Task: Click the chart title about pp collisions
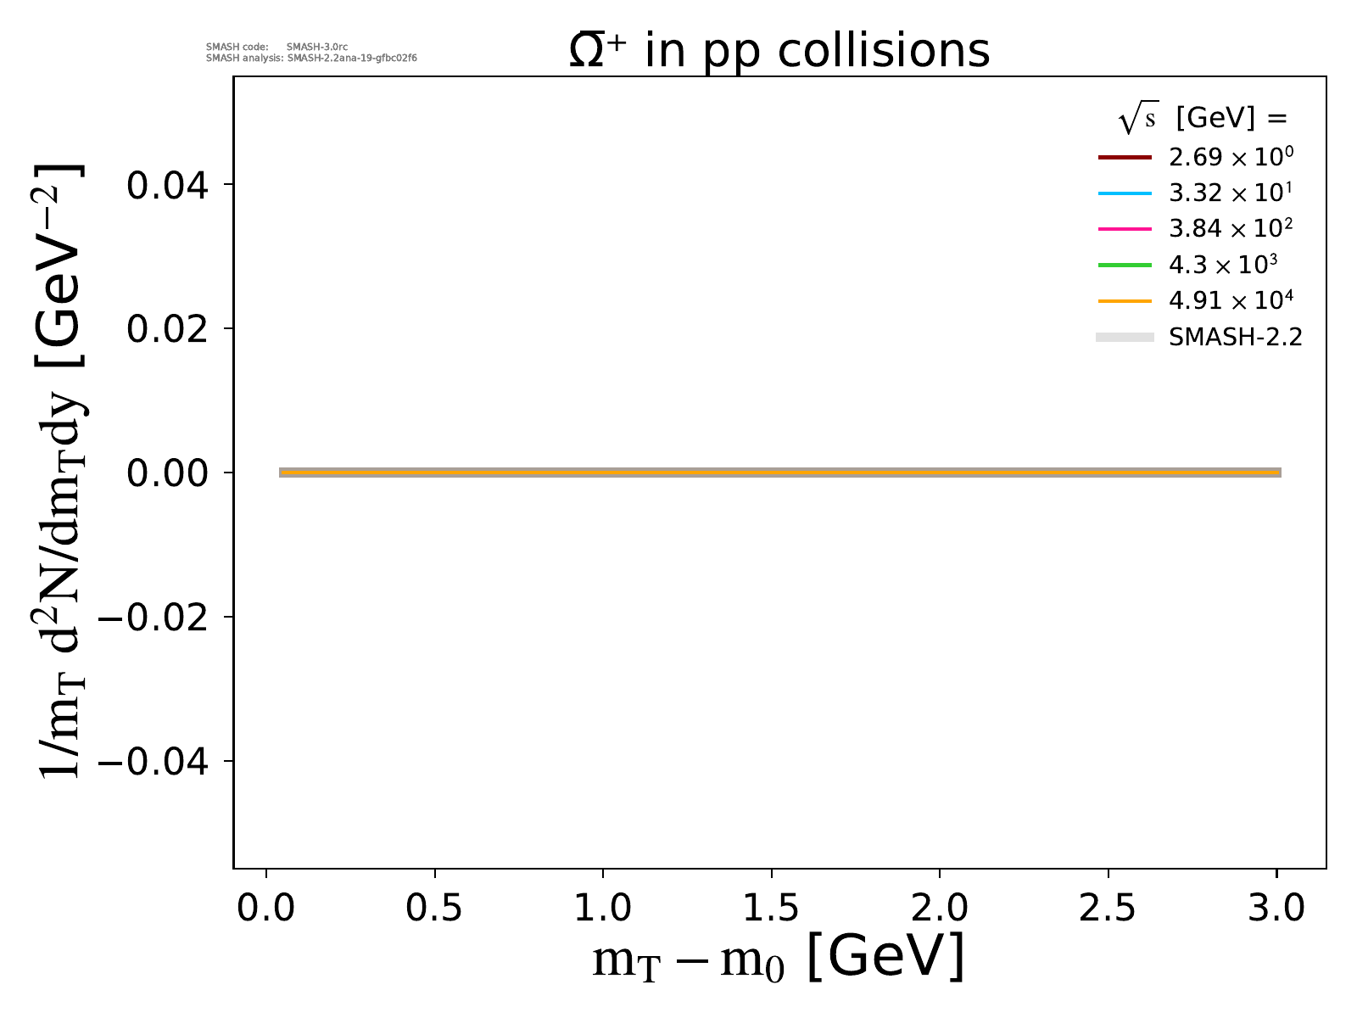pyautogui.click(x=779, y=51)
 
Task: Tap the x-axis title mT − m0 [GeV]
pyautogui.click(x=779, y=959)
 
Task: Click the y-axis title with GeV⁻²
pyautogui.click(x=59, y=472)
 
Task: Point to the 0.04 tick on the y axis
pyautogui.click(x=167, y=185)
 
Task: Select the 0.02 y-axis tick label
pyautogui.click(x=167, y=329)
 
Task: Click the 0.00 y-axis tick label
pyautogui.click(x=167, y=473)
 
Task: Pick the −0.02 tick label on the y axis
pyautogui.click(x=154, y=617)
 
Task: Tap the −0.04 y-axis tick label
pyautogui.click(x=154, y=761)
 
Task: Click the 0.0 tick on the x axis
pyautogui.click(x=266, y=908)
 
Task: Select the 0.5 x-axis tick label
pyautogui.click(x=434, y=908)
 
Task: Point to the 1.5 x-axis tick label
pyautogui.click(x=771, y=908)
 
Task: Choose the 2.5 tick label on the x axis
pyautogui.click(x=1108, y=908)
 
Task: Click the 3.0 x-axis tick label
pyautogui.click(x=1276, y=908)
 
